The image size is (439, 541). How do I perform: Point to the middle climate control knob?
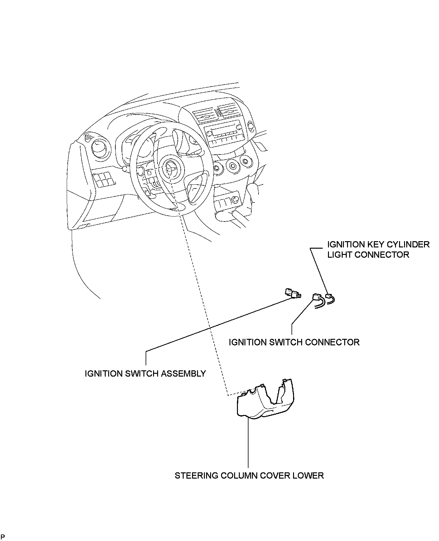232,165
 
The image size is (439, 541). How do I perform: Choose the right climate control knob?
246,162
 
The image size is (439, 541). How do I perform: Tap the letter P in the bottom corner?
3,537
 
